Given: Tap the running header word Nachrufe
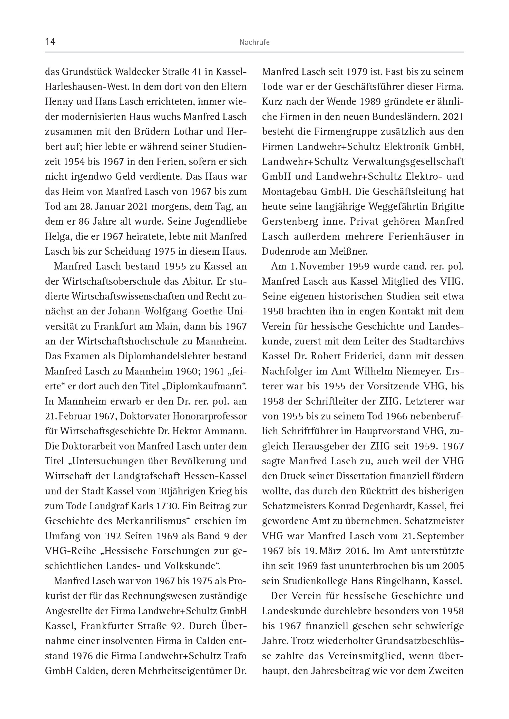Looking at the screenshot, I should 254,42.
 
